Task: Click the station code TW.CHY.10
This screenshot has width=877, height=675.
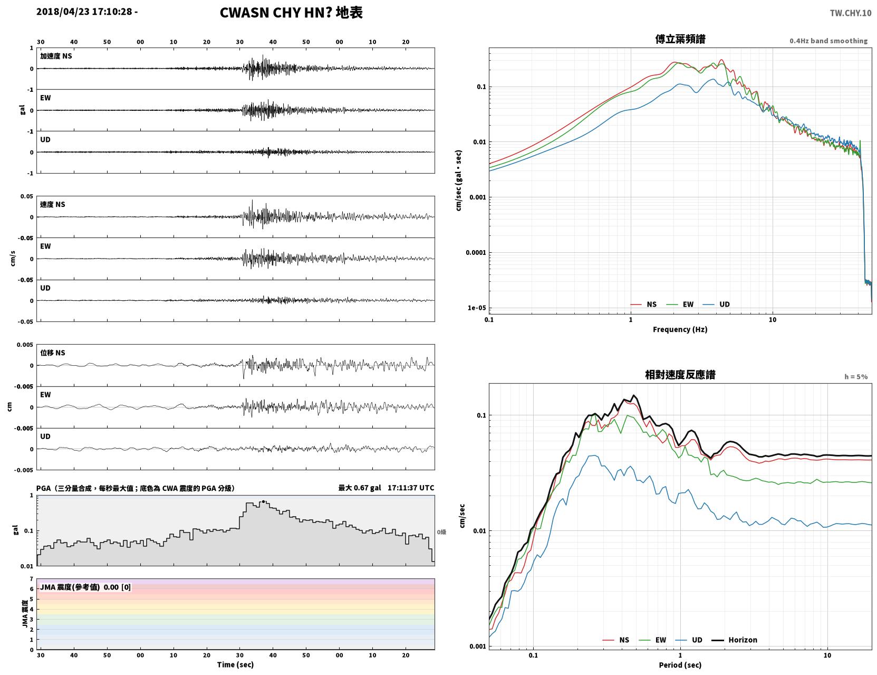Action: pos(850,13)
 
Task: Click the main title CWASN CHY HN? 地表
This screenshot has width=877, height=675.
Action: pos(291,13)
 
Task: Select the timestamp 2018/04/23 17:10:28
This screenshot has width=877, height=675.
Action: pos(84,11)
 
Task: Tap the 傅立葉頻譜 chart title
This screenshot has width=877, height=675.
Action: pos(680,39)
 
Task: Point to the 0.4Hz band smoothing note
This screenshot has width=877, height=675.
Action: pos(828,41)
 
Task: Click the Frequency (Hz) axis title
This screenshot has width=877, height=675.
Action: pos(680,329)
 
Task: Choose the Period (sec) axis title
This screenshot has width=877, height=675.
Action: pos(680,665)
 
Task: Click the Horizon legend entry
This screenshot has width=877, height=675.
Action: pos(734,640)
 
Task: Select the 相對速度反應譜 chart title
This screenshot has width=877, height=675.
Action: pos(680,375)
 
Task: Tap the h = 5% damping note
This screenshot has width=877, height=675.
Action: pos(856,377)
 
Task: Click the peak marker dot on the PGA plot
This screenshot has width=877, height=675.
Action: pos(263,502)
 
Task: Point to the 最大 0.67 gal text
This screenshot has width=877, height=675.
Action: pos(360,488)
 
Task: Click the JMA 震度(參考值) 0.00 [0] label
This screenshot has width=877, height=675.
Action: pos(85,587)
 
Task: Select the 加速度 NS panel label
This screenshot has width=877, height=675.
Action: pos(56,56)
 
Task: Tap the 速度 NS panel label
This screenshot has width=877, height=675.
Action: pos(52,204)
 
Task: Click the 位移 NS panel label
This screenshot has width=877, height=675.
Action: pos(52,353)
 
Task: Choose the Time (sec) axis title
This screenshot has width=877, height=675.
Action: pos(235,664)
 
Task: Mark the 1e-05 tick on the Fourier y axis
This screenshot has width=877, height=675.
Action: pos(477,308)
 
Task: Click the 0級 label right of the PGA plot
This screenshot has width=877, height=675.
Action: pos(441,532)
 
